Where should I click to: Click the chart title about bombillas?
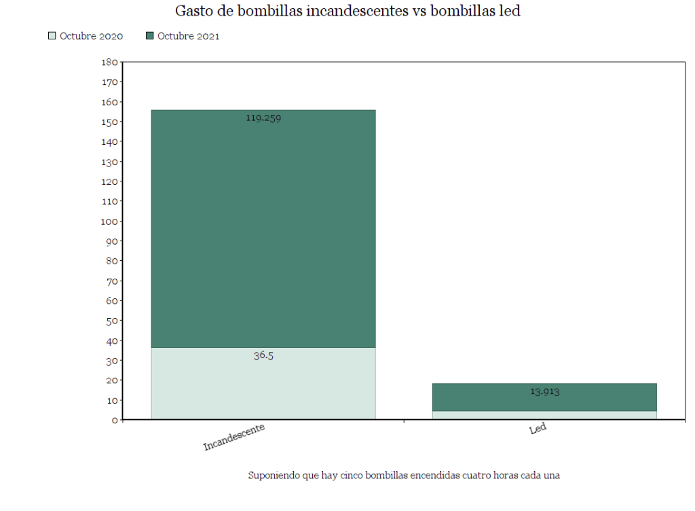coord(347,12)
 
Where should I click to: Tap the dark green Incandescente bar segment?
coord(263,231)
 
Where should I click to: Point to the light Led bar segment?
coord(544,415)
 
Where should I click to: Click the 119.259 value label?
coord(263,118)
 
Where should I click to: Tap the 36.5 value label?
coord(263,355)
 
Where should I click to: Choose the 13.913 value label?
coord(544,391)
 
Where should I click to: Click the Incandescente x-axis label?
coord(234,436)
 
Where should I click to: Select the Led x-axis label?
coord(538,429)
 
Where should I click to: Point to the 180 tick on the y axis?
coord(109,63)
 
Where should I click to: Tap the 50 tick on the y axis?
coord(111,321)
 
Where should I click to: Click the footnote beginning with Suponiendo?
coord(403,475)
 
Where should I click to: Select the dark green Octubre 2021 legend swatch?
coord(150,36)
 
